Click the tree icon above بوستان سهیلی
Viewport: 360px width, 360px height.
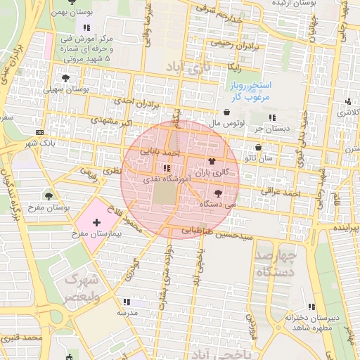[x=65, y=78]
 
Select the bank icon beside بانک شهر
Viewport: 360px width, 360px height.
[x=39, y=133]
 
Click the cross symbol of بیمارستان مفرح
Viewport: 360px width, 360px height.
[x=96, y=222]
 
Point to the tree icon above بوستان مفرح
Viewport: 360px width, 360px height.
[x=49, y=195]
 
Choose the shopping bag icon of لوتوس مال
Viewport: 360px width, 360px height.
[x=226, y=112]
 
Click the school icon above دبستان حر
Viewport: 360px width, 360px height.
[x=272, y=117]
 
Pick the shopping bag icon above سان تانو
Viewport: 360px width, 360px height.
[x=259, y=148]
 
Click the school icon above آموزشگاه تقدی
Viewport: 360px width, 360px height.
[x=167, y=168]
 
